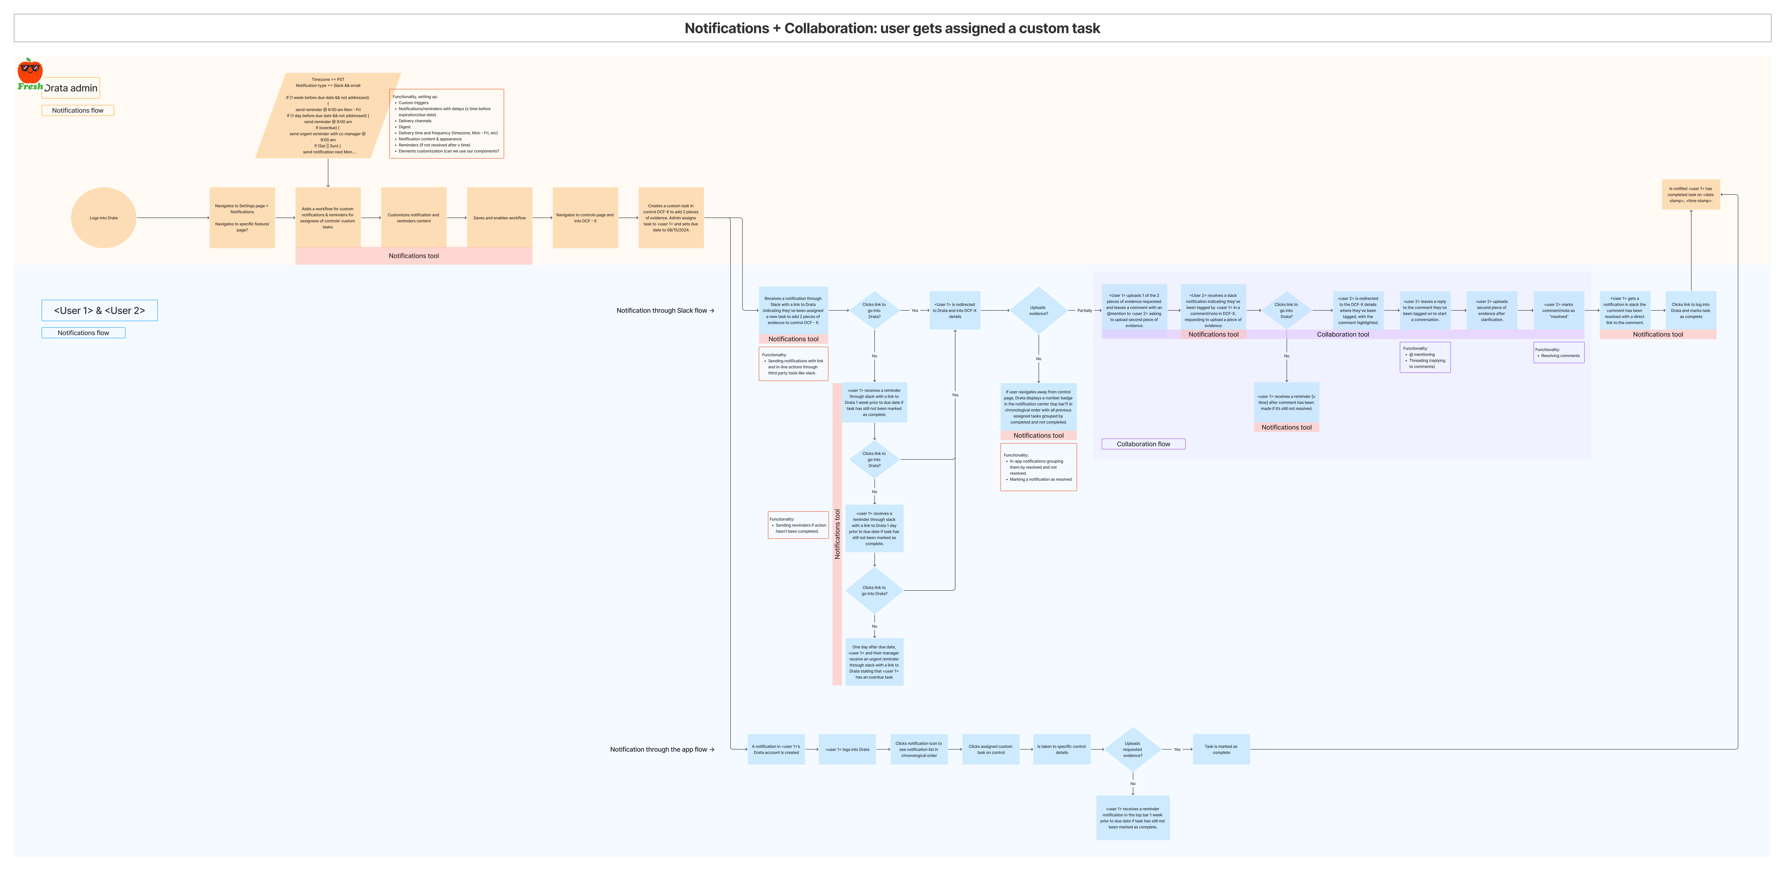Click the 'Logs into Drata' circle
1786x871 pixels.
(x=103, y=218)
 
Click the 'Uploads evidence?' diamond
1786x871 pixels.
(x=1038, y=311)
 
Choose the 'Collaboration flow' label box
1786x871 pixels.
(x=1143, y=444)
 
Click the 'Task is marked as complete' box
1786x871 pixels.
(x=1221, y=750)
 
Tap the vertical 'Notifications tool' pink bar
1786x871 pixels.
(x=837, y=534)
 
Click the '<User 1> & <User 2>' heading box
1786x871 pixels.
(x=99, y=311)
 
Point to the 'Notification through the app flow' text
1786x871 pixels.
(x=661, y=750)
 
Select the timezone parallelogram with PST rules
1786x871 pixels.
(x=328, y=116)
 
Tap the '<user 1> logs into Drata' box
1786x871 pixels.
(x=847, y=750)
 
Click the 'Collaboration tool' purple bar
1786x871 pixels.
(x=1343, y=334)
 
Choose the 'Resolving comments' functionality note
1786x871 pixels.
(x=1559, y=353)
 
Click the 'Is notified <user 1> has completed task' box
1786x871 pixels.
(x=1690, y=195)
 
